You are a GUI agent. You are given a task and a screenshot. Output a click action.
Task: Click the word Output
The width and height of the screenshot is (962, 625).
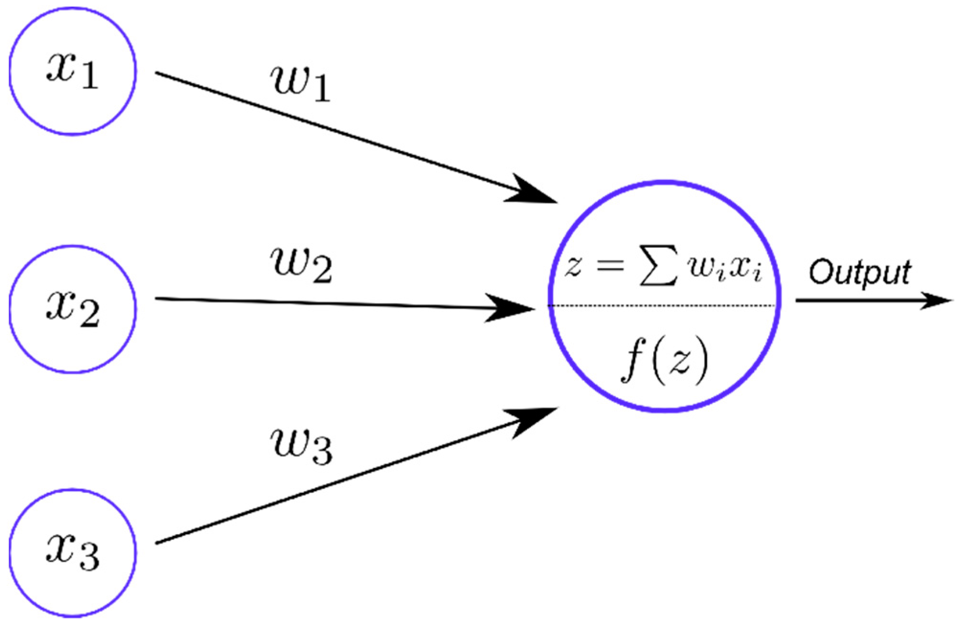click(x=860, y=273)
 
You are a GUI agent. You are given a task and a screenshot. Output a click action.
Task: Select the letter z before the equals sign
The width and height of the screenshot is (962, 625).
click(x=573, y=266)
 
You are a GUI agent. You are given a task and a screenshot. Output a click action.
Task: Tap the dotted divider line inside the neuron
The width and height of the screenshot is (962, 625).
click(x=663, y=305)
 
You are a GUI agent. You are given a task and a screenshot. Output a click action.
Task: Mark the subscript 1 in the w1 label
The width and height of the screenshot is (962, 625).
click(x=321, y=89)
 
